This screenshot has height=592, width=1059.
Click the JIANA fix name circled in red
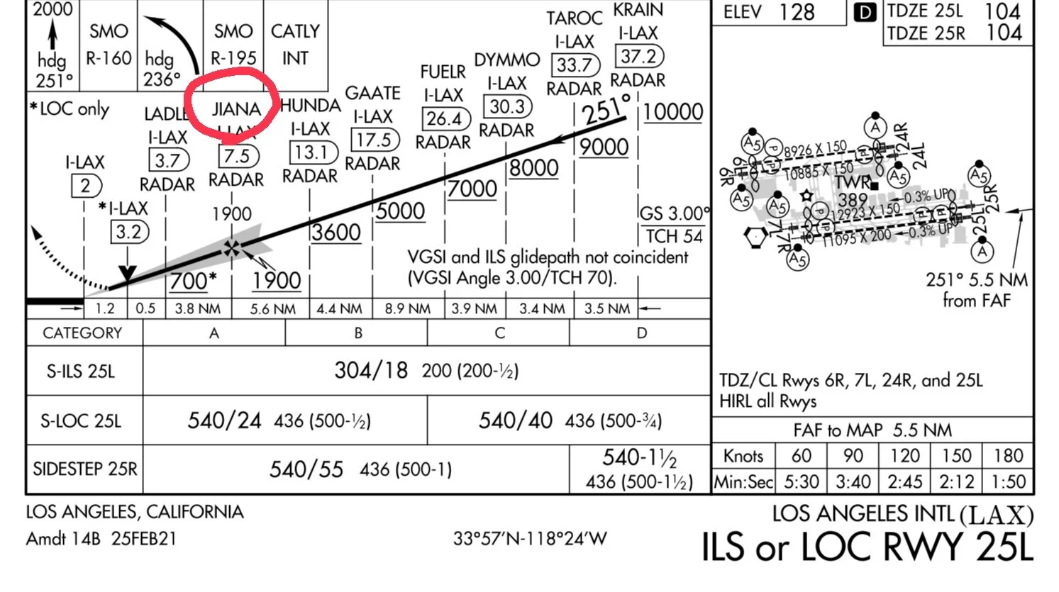point(236,110)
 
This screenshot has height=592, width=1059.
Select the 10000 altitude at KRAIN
point(672,112)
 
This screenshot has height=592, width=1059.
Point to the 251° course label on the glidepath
point(606,108)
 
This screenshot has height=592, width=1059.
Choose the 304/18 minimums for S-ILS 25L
point(371,370)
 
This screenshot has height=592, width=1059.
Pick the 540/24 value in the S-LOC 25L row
point(224,420)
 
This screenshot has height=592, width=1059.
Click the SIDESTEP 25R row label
point(84,469)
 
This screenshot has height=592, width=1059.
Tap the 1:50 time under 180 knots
point(1007,482)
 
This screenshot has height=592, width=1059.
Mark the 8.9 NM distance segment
point(407,309)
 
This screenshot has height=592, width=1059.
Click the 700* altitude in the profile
point(192,281)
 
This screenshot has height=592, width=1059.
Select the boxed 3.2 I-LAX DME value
point(128,232)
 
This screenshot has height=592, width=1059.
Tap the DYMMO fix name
point(506,60)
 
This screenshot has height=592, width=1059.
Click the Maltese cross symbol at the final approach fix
point(231,248)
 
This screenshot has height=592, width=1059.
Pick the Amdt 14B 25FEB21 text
point(101,539)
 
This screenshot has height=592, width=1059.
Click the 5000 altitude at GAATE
point(400,211)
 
